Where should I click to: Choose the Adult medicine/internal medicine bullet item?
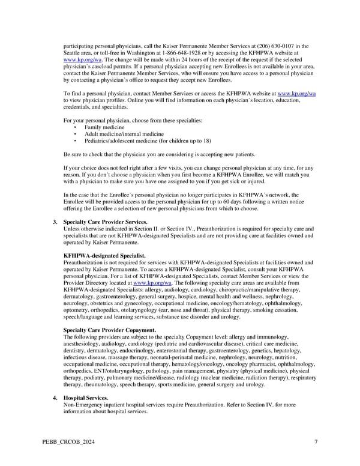124,135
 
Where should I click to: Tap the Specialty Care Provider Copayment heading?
109,331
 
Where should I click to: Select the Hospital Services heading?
86,398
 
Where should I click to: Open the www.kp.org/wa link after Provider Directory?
152,283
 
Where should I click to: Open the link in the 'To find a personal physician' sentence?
296,94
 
